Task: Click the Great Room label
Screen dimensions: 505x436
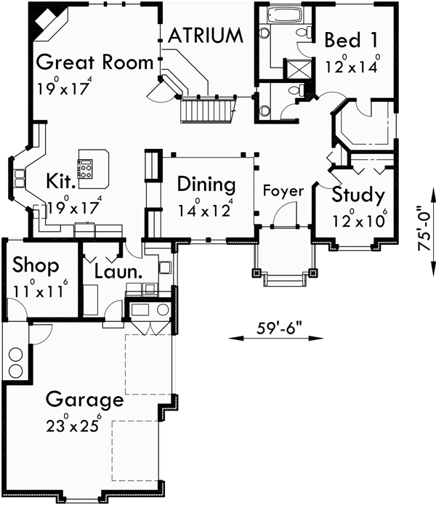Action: pyautogui.click(x=94, y=60)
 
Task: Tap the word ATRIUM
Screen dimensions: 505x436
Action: pyautogui.click(x=206, y=35)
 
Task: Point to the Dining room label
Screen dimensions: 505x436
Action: pyautogui.click(x=206, y=184)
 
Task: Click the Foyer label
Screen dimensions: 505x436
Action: pyautogui.click(x=283, y=191)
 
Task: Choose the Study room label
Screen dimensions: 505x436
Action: pyautogui.click(x=358, y=195)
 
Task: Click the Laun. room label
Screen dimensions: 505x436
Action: pyautogui.click(x=118, y=272)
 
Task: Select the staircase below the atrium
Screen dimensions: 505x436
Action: pyautogui.click(x=208, y=110)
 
